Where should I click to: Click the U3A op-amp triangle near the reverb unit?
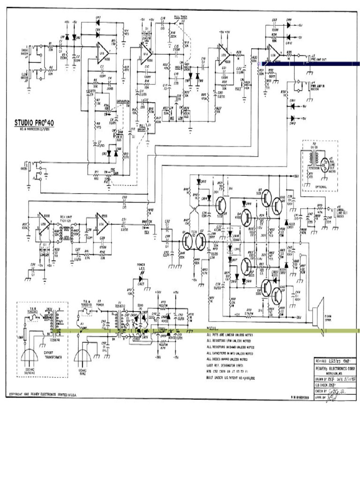(101, 220)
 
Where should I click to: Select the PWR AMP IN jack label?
(319, 86)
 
